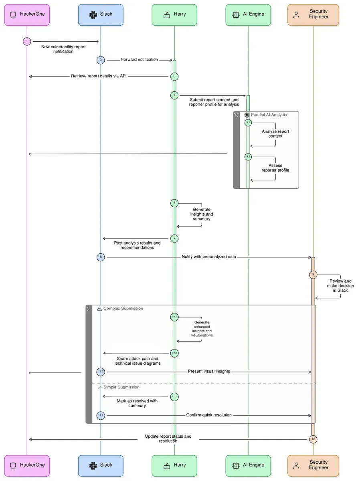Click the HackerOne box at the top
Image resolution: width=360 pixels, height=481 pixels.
click(x=27, y=15)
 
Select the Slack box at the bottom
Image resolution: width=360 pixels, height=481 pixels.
click(x=101, y=465)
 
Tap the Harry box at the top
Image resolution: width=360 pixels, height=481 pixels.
click(x=174, y=15)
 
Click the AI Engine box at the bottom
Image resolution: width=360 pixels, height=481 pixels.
click(x=248, y=465)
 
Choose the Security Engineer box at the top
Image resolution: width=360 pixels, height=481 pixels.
click(x=313, y=15)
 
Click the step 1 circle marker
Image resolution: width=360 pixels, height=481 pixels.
click(x=27, y=41)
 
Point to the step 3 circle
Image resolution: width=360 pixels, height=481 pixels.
click(x=174, y=76)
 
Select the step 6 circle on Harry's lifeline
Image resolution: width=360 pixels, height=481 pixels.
click(x=174, y=203)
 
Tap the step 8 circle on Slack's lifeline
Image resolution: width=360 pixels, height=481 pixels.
click(x=101, y=257)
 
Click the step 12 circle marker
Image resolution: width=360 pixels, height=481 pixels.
click(x=313, y=439)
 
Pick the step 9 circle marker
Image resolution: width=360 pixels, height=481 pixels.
click(x=313, y=275)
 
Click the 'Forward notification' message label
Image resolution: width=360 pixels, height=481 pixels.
click(x=140, y=60)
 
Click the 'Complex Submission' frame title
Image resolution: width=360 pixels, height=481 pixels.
click(x=123, y=309)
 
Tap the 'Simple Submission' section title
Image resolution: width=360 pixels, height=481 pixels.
click(x=121, y=387)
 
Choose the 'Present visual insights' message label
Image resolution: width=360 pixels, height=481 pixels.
click(x=209, y=372)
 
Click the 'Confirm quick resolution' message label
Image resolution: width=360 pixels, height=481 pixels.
click(x=209, y=415)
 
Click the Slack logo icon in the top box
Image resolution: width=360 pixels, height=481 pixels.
click(x=93, y=15)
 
